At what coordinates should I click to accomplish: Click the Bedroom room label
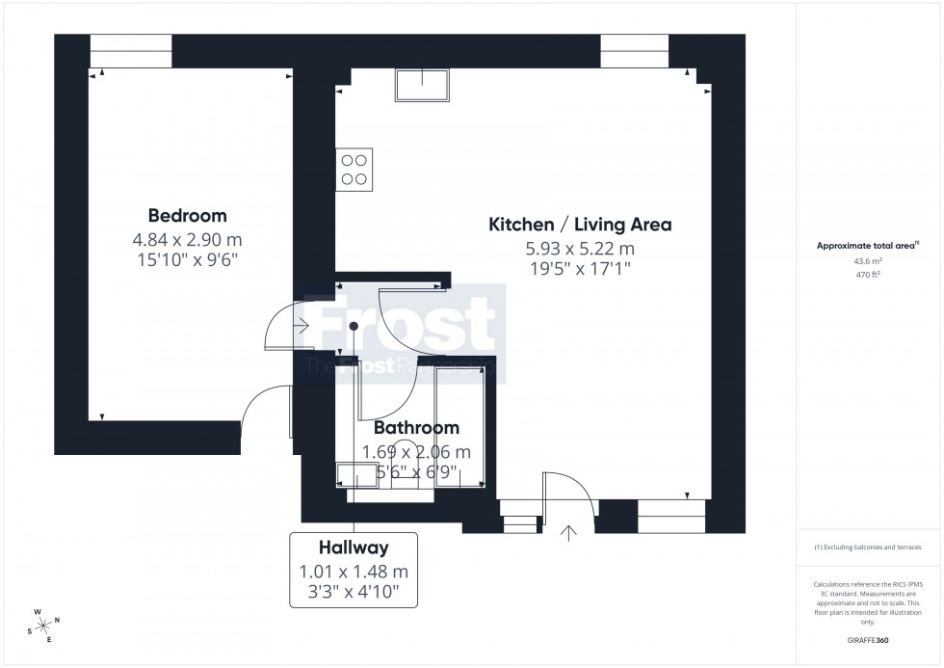tap(187, 215)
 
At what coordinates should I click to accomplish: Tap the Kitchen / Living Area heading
tap(580, 225)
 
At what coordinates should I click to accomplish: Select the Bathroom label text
tap(416, 427)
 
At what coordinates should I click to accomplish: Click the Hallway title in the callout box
tap(354, 548)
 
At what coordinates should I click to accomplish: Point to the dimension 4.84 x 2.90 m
tap(187, 238)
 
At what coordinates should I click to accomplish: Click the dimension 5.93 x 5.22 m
tap(580, 248)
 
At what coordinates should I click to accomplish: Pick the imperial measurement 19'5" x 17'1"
tap(580, 269)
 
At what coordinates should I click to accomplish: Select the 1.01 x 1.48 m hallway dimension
tap(354, 572)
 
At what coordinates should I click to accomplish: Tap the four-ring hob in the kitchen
tap(354, 169)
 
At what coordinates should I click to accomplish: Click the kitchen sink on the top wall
tap(421, 87)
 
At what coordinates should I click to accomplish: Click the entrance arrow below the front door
tap(568, 532)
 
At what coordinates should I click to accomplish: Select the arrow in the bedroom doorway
tap(303, 327)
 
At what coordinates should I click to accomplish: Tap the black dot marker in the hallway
tap(354, 327)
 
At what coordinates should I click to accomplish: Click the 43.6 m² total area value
tap(869, 260)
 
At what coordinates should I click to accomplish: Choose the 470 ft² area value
tap(869, 274)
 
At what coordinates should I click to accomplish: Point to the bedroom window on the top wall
tap(131, 51)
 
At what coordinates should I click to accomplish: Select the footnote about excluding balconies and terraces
tap(869, 547)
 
